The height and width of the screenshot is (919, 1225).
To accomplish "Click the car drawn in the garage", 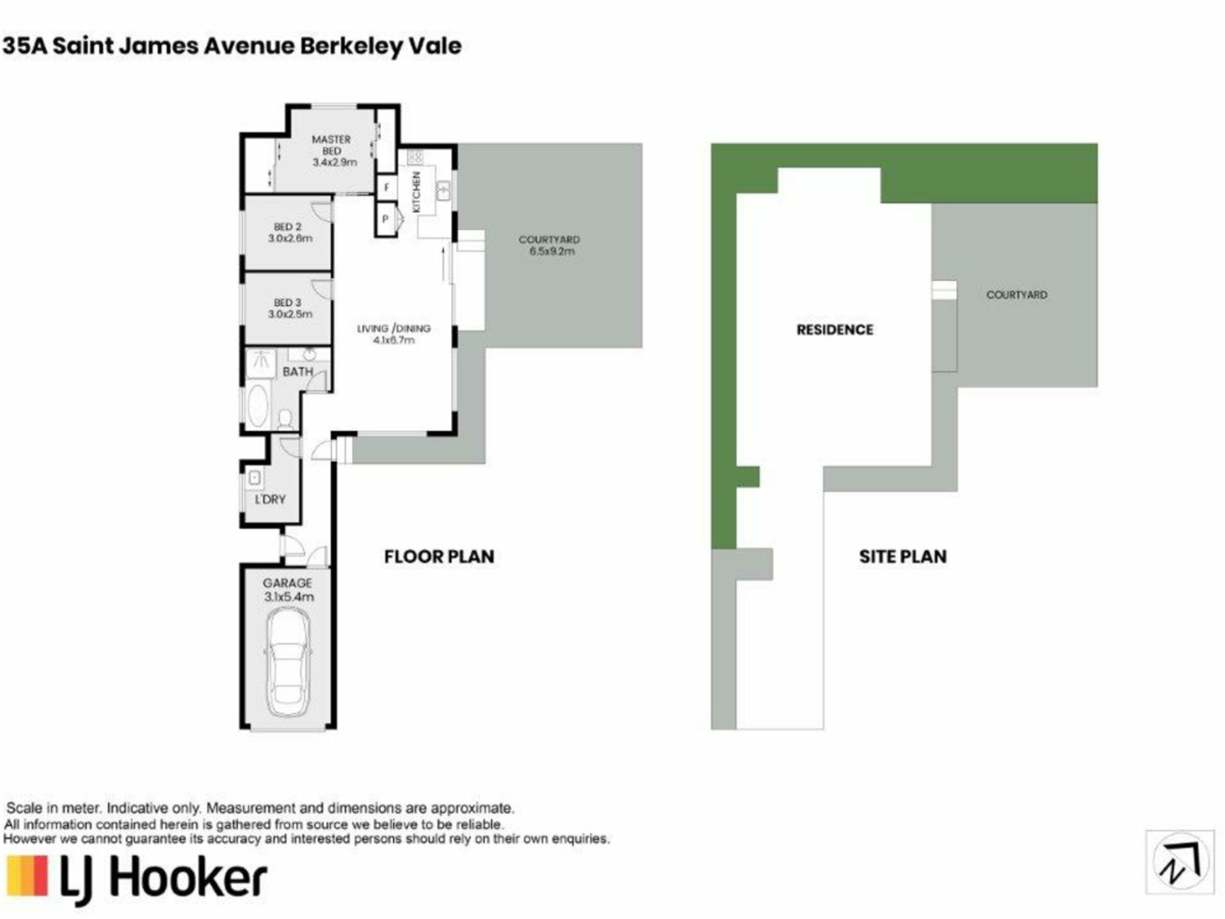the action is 288,664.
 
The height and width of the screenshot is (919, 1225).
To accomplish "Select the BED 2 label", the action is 288,227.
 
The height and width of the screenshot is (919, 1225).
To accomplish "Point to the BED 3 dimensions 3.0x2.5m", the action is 290,314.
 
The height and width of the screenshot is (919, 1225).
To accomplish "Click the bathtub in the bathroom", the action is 258,405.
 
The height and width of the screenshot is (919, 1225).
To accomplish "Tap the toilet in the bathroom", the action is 285,419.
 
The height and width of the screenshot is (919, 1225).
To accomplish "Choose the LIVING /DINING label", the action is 394,329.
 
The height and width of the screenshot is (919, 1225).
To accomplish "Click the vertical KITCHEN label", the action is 417,192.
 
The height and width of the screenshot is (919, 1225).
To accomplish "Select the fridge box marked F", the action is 386,188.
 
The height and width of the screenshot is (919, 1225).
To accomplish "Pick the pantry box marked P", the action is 385,219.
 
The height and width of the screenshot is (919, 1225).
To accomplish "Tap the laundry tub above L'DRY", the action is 255,477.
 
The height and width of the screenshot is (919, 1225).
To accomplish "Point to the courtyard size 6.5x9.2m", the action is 552,251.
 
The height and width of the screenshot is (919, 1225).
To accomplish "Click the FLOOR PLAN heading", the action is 439,557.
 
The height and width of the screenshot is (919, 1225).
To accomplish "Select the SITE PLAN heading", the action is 903,557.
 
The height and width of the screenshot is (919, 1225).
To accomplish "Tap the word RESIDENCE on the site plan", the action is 835,330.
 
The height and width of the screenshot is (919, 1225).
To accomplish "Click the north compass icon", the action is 1180,862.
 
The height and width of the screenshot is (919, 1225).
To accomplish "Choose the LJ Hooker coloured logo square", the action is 27,876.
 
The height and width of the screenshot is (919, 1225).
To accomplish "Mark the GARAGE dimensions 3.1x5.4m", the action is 289,597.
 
